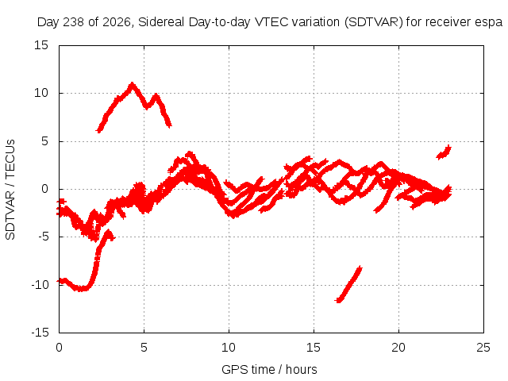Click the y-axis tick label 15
click(40, 45)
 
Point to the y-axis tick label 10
click(40, 94)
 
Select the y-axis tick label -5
click(43, 237)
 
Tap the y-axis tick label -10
click(40, 285)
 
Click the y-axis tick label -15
click(40, 333)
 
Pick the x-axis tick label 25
click(483, 348)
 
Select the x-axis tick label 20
click(398, 348)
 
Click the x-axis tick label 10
click(229, 348)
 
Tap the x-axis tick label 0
click(59, 348)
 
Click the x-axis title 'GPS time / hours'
click(269, 370)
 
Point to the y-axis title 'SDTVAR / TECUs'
click(10, 190)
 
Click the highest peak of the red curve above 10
click(132, 83)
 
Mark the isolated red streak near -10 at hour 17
click(348, 284)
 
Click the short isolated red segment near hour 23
click(444, 152)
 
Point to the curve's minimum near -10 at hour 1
click(81, 289)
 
